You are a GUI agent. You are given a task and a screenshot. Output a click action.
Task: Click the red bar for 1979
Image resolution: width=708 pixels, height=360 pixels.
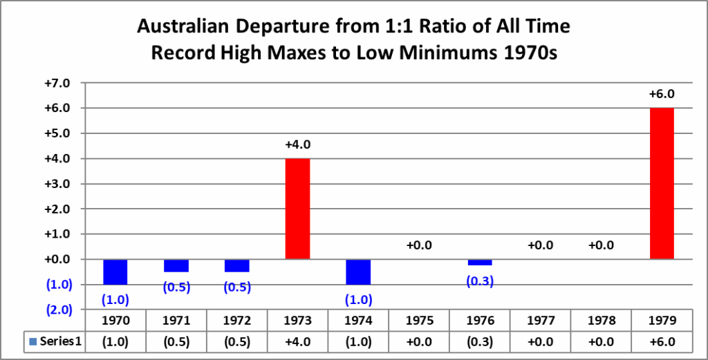click(x=662, y=183)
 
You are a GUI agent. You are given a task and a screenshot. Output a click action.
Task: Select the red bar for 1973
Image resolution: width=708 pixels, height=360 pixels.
click(x=297, y=209)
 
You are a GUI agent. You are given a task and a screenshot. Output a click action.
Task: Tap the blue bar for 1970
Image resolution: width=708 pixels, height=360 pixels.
click(x=115, y=272)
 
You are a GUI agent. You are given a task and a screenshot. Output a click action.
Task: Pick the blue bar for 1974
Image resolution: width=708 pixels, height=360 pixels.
click(x=358, y=272)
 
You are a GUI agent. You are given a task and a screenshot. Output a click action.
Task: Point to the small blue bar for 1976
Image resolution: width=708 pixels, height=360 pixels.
click(x=480, y=262)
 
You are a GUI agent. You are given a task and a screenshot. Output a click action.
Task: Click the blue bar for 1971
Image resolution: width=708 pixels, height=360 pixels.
click(x=176, y=265)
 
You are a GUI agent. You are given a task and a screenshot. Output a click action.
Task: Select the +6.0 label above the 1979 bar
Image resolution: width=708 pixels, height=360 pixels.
click(x=662, y=94)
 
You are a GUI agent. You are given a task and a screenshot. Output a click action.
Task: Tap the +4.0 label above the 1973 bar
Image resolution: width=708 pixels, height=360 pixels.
click(x=297, y=145)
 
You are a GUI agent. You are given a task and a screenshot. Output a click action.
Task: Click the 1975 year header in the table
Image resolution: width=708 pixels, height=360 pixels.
click(x=419, y=321)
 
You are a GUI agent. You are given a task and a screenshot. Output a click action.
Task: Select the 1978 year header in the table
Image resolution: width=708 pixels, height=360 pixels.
click(x=601, y=321)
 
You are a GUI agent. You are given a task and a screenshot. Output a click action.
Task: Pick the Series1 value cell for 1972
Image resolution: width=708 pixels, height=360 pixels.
click(x=236, y=341)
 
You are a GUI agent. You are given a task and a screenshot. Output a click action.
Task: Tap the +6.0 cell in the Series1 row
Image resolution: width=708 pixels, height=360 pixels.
click(x=662, y=341)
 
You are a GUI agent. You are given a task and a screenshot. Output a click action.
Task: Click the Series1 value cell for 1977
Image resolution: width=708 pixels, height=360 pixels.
click(x=540, y=341)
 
